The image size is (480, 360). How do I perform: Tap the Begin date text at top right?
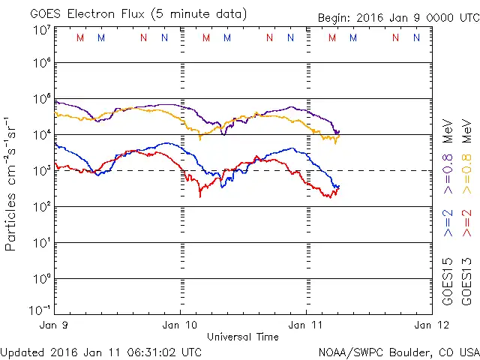tap(397, 17)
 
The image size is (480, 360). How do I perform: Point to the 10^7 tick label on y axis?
tap(41, 30)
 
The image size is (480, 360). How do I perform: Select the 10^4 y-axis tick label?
tap(41, 134)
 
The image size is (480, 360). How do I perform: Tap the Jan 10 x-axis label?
tap(180, 325)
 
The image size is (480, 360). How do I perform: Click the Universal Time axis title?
tap(243, 337)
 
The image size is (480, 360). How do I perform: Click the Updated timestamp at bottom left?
tap(101, 351)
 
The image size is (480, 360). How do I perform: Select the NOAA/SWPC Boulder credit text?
tap(398, 351)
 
